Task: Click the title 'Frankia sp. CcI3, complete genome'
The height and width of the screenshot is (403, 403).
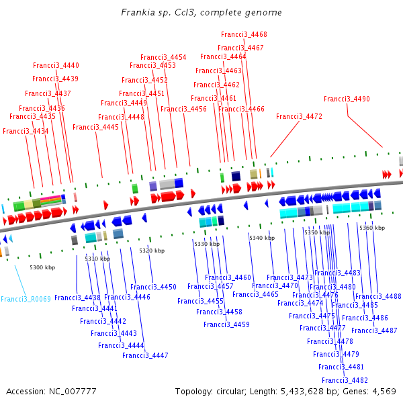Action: pyautogui.click(x=201, y=13)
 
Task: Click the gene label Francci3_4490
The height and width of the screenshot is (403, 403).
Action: pyautogui.click(x=347, y=99)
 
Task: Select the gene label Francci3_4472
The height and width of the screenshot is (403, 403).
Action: pyautogui.click(x=299, y=116)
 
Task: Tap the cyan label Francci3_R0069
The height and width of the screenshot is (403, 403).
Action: pyautogui.click(x=26, y=298)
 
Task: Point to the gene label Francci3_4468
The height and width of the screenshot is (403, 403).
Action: pyautogui.click(x=244, y=34)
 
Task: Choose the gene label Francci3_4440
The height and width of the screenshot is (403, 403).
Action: pyautogui.click(x=56, y=65)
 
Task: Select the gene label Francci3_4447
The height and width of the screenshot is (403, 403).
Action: pyautogui.click(x=145, y=355)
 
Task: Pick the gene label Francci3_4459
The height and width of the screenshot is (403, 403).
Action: pyautogui.click(x=227, y=324)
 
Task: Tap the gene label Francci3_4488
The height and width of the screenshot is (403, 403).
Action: pyautogui.click(x=378, y=296)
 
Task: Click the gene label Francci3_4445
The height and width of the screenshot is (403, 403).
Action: pyautogui.click(x=95, y=127)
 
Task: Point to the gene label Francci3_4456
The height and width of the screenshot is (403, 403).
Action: pyautogui.click(x=183, y=109)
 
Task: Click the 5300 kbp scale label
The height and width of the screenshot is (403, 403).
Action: pyautogui.click(x=42, y=267)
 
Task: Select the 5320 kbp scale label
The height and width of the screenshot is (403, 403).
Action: pyautogui.click(x=152, y=251)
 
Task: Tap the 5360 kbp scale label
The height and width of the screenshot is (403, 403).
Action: pyautogui.click(x=372, y=228)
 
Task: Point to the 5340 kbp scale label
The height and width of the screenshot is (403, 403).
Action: pyautogui.click(x=262, y=238)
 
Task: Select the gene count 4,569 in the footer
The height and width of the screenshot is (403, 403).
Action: pyautogui.click(x=384, y=391)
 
